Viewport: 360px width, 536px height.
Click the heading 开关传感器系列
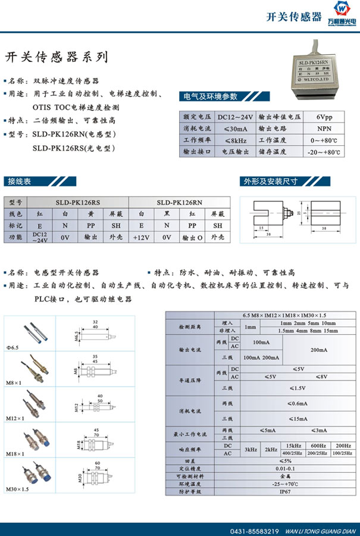pyautogui.click(x=57, y=57)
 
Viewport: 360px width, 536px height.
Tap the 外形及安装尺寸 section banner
pyautogui.click(x=269, y=182)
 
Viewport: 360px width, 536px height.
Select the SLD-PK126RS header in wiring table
pyautogui.click(x=78, y=202)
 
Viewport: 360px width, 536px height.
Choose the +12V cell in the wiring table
pyautogui.click(x=141, y=237)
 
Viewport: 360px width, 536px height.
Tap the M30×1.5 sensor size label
pyautogui.click(x=16, y=489)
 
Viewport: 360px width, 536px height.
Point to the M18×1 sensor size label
pyautogui.click(x=15, y=454)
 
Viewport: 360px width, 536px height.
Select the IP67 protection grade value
pyautogui.click(x=286, y=491)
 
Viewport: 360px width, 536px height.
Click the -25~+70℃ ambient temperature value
pyautogui.click(x=286, y=484)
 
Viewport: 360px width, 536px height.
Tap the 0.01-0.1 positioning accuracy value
pyautogui.click(x=286, y=468)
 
